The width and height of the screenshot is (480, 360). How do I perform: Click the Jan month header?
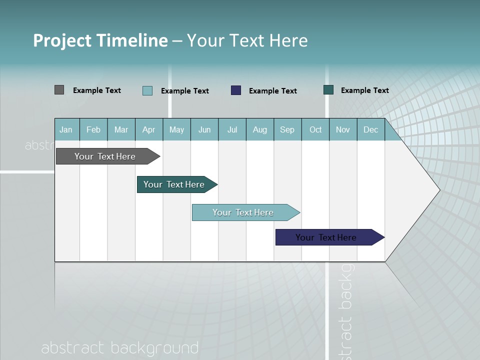[66, 129]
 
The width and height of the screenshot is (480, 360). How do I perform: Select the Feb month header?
[93, 129]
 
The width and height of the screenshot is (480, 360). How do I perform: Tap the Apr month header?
[149, 129]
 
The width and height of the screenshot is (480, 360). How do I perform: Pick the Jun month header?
[204, 129]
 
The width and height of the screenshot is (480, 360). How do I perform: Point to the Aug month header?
[260, 129]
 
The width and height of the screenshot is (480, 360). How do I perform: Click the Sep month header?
[287, 129]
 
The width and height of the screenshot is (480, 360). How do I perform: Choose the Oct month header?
[315, 129]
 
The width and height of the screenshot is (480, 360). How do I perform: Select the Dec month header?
[371, 129]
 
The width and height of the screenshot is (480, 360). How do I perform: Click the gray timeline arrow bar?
[105, 156]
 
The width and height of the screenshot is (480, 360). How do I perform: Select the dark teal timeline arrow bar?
[174, 184]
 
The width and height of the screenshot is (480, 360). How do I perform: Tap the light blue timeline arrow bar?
[243, 212]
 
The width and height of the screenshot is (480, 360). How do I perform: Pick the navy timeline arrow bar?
[326, 237]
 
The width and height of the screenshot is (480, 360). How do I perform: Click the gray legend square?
[59, 90]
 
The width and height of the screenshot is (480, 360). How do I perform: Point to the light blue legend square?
[147, 90]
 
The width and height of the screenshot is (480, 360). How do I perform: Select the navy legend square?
[236, 90]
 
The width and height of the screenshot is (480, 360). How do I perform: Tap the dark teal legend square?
[328, 90]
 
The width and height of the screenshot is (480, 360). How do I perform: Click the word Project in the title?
[62, 40]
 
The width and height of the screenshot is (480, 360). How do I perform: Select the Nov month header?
[343, 129]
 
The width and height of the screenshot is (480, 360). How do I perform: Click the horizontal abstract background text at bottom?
[120, 348]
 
